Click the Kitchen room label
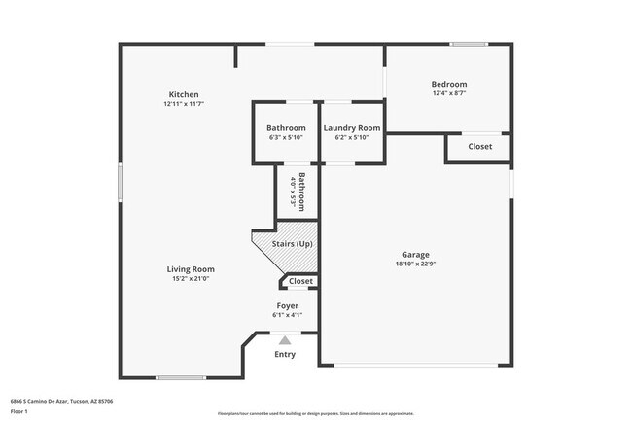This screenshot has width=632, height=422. pos(183,94)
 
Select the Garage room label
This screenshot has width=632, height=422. pos(415,255)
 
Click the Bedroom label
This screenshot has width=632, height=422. pos(449,85)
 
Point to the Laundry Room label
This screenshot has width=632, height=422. pos(351,128)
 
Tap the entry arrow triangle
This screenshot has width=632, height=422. pos(285,340)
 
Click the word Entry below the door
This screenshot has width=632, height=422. pos(285,354)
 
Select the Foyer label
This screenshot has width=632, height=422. pos(289,305)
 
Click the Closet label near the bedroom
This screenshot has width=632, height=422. pos(479,147)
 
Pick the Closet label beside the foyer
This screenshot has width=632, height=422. pos(300,281)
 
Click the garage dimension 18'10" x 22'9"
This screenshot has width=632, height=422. pos(415,264)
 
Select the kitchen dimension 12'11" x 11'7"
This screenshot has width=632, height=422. pos(183,104)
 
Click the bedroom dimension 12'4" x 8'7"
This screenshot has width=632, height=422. pos(449,93)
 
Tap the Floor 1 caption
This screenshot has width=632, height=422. pos(18,412)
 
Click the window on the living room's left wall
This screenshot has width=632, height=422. pos(120,182)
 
